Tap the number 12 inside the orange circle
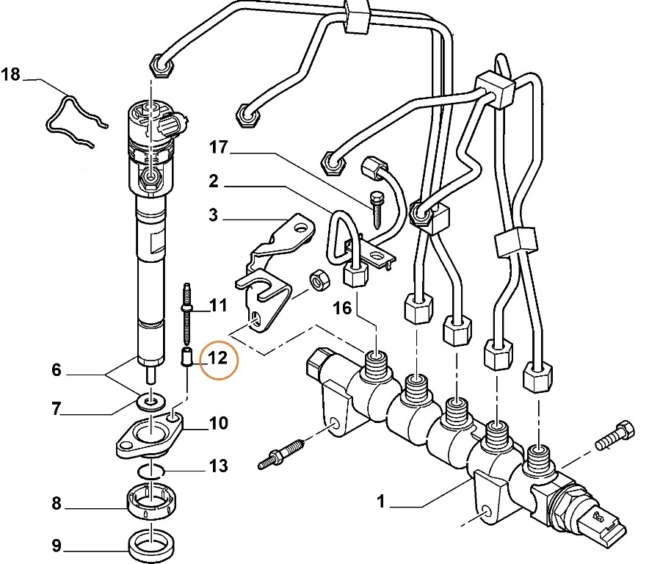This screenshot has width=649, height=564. pyautogui.click(x=219, y=358)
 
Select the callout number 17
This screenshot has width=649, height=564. pyautogui.click(x=219, y=148)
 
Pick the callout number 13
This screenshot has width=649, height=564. pyautogui.click(x=218, y=466)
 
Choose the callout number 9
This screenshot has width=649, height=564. pyautogui.click(x=56, y=546)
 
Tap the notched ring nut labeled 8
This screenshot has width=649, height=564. pyautogui.click(x=151, y=503)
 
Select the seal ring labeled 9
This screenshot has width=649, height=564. pyautogui.click(x=151, y=544)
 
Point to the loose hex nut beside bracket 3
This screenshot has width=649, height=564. pyautogui.click(x=319, y=280)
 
